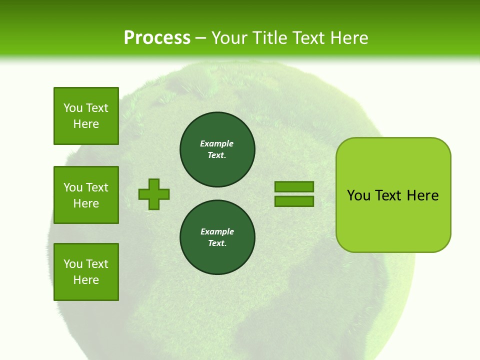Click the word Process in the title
[x=157, y=38]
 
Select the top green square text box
[x=86, y=116]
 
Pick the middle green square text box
[x=86, y=195]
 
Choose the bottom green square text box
[x=86, y=272]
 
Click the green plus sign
[x=154, y=194]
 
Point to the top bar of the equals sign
[x=294, y=186]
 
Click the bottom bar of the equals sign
[x=294, y=201]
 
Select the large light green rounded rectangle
[x=393, y=220]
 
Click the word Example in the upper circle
[x=216, y=143]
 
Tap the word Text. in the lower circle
[x=217, y=243]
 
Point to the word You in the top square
[x=72, y=108]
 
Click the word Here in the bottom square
[x=86, y=280]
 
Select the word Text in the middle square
[x=96, y=187]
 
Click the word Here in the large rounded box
[x=422, y=195]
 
